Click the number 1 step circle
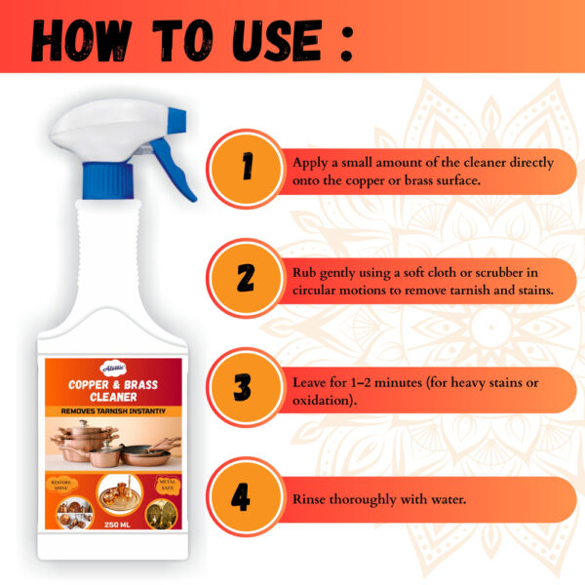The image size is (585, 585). (x=246, y=167)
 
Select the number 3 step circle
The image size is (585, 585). (x=246, y=388)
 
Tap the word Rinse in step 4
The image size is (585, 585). (x=311, y=499)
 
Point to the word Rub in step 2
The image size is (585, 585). (x=304, y=271)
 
